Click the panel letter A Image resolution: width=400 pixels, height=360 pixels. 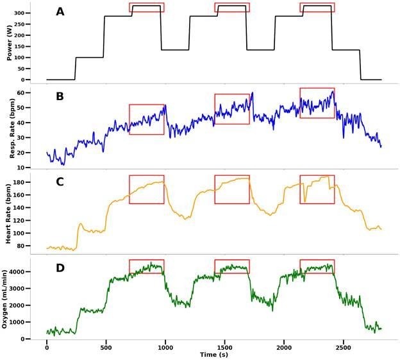[60, 12]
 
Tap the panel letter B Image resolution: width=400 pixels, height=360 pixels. [60, 97]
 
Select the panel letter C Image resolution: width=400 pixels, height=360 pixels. [60, 182]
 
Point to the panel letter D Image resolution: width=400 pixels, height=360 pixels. [60, 267]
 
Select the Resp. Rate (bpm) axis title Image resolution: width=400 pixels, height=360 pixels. [10, 128]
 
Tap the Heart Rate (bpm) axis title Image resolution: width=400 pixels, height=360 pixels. [10, 213]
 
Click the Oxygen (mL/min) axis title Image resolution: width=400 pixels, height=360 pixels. [10, 298]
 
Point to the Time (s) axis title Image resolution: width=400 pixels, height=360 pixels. [214, 355]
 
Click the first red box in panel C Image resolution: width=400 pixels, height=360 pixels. [146, 189]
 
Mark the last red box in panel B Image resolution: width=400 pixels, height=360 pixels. [317, 103]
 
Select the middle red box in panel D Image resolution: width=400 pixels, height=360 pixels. [232, 266]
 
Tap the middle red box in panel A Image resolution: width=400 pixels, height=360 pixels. [232, 7]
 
